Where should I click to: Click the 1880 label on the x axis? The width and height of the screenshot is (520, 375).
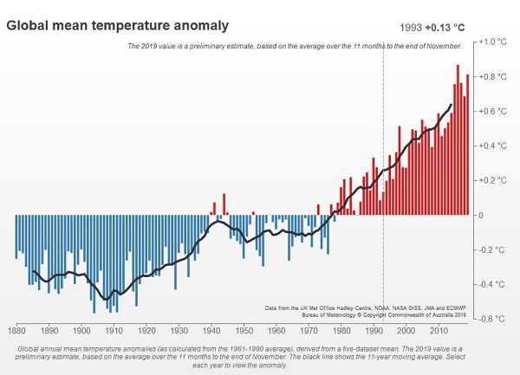16,330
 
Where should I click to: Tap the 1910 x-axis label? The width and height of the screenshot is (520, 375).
114,330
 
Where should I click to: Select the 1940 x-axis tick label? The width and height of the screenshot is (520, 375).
211,330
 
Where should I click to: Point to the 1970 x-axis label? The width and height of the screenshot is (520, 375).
309,330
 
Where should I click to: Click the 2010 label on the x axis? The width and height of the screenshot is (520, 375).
439,330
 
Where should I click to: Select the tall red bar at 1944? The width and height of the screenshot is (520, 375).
224,204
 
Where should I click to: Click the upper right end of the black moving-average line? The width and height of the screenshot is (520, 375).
451,105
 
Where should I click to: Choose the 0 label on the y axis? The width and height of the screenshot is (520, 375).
482,215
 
